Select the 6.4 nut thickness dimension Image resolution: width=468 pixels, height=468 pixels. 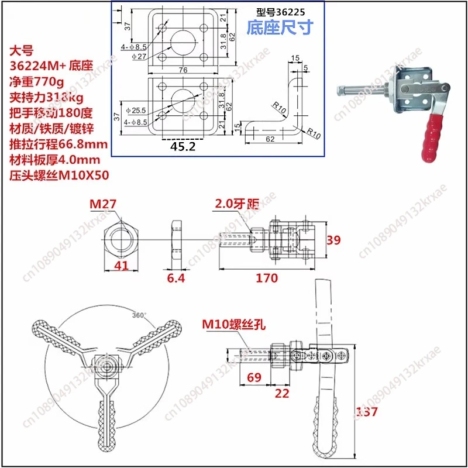(x=175, y=278)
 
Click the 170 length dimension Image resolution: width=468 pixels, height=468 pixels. (x=267, y=278)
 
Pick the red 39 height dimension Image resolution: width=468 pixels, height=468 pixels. (x=332, y=240)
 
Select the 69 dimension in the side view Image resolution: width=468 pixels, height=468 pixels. (x=254, y=378)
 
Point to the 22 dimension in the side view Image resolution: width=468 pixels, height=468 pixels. (x=282, y=394)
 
